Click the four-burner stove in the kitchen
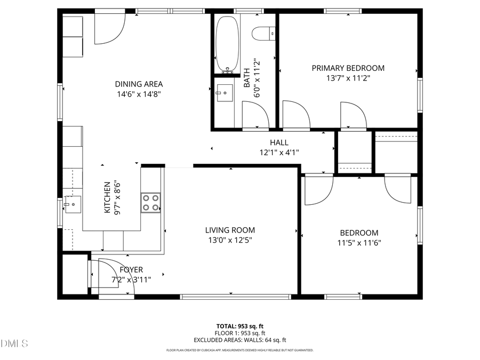pyautogui.click(x=150, y=203)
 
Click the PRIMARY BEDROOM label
pyautogui.click(x=348, y=68)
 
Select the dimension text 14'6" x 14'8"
pyautogui.click(x=139, y=94)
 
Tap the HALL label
pyautogui.click(x=279, y=142)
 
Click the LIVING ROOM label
pyautogui.click(x=230, y=230)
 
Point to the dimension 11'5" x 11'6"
pyautogui.click(x=359, y=243)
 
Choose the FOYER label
pyautogui.click(x=131, y=270)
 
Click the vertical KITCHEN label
pyautogui.click(x=107, y=197)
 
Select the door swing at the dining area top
pyautogui.click(x=109, y=29)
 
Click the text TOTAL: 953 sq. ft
pyautogui.click(x=239, y=326)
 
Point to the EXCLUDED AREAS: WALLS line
pyautogui.click(x=239, y=340)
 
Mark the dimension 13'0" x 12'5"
pyautogui.click(x=230, y=240)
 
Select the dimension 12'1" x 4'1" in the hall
pyautogui.click(x=279, y=152)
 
